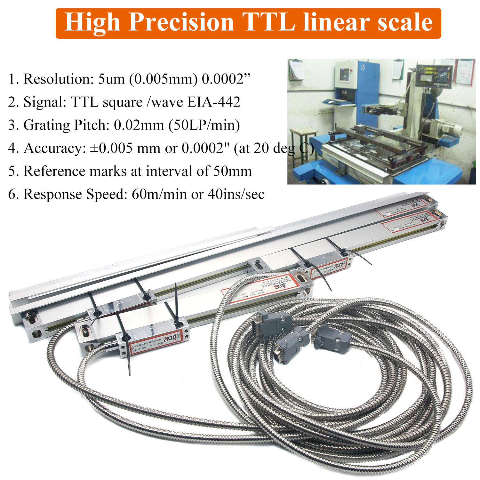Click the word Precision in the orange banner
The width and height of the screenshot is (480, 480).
(x=181, y=22)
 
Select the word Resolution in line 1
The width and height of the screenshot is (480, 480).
(x=58, y=79)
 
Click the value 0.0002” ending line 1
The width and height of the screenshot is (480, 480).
(x=226, y=79)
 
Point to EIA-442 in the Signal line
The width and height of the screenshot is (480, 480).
(x=214, y=102)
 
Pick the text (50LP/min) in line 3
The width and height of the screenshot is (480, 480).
(x=204, y=125)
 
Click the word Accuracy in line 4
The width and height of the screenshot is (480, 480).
(x=54, y=148)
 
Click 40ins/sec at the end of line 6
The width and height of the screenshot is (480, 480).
(x=236, y=194)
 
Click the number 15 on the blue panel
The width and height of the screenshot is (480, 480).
(x=363, y=68)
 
